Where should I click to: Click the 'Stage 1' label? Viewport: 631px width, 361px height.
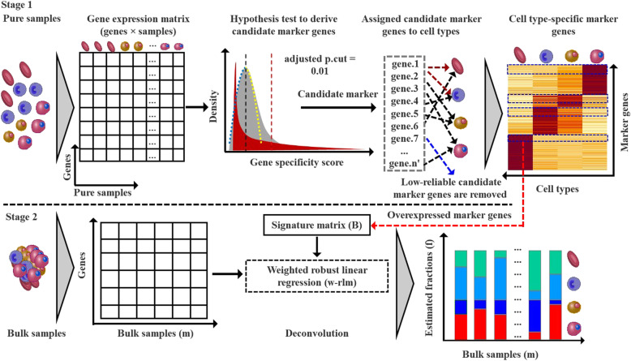[x=22, y=6]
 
